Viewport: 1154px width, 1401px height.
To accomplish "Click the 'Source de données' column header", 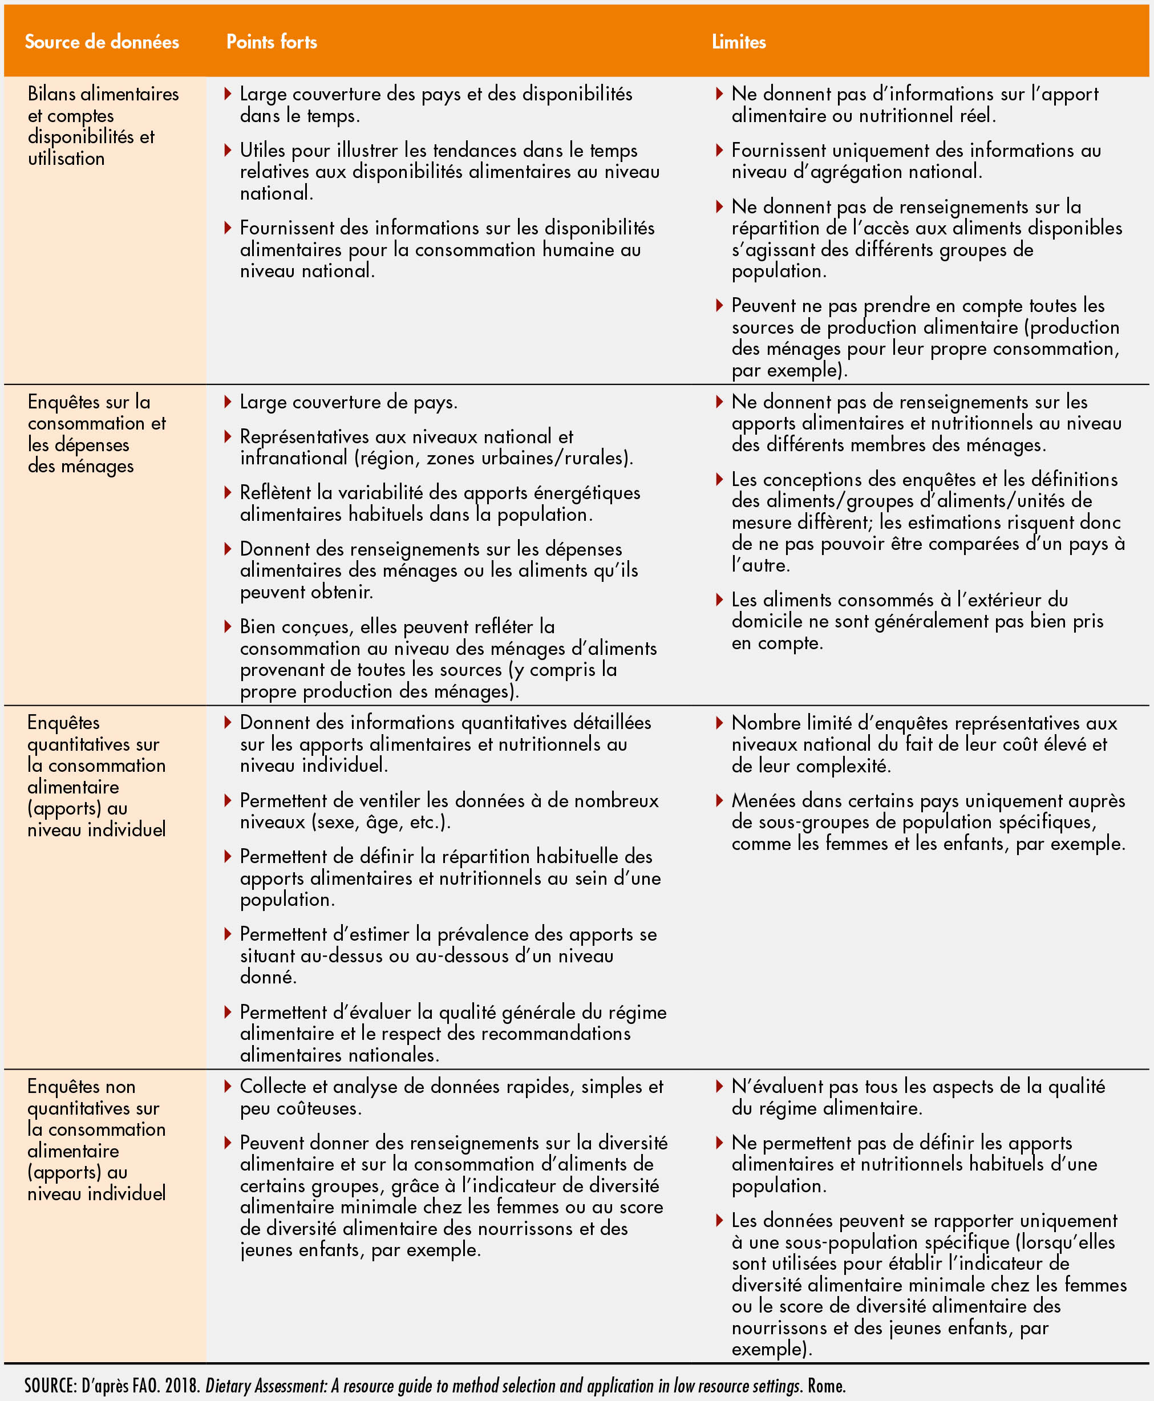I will [102, 42].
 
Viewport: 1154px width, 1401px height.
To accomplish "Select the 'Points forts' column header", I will [271, 42].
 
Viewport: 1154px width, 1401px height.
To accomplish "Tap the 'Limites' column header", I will [739, 42].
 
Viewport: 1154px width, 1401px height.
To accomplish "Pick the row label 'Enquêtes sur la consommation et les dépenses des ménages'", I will [96, 434].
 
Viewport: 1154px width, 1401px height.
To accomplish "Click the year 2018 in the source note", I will [181, 1386].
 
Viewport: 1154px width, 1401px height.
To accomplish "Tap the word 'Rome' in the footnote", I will [825, 1386].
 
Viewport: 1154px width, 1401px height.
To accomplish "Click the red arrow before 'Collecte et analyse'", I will [228, 1087].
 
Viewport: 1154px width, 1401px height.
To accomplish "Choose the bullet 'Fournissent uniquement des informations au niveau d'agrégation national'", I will [916, 161].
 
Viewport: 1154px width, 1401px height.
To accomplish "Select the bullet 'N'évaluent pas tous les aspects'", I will [917, 1098].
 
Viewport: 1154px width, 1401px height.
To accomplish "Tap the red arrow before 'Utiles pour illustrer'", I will [228, 150].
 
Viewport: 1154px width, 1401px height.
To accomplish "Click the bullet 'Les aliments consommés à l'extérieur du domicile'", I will [917, 621].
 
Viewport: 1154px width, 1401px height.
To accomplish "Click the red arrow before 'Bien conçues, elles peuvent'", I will [228, 626].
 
